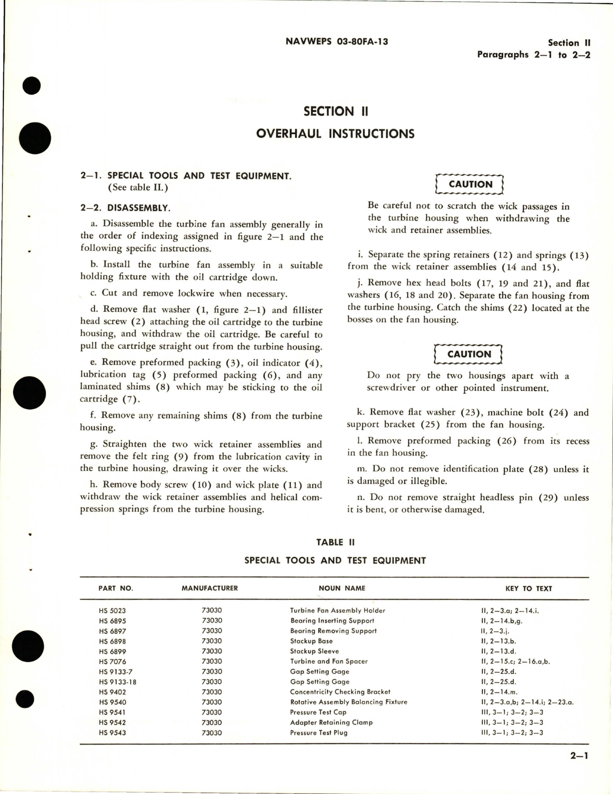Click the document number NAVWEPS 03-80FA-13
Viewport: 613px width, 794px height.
coord(337,42)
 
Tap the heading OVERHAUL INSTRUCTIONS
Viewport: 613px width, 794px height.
coord(335,133)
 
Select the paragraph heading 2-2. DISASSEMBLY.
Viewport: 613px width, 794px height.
coord(125,208)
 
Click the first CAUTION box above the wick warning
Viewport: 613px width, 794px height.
coord(470,184)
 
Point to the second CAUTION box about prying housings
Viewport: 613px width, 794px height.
coord(469,354)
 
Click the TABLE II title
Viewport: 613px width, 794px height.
coord(336,542)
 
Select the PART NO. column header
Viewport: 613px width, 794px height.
coord(116,588)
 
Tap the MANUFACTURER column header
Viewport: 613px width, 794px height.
coord(210,588)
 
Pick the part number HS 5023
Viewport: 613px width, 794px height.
coord(112,611)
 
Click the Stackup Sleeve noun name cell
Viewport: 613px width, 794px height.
coord(314,651)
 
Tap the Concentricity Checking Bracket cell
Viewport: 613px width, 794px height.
coord(340,692)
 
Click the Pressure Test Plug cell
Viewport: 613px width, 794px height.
coord(319,733)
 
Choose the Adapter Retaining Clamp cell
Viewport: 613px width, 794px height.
coord(331,722)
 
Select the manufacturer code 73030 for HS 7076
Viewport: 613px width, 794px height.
coord(212,661)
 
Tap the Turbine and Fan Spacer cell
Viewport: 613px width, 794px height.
coord(329,661)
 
